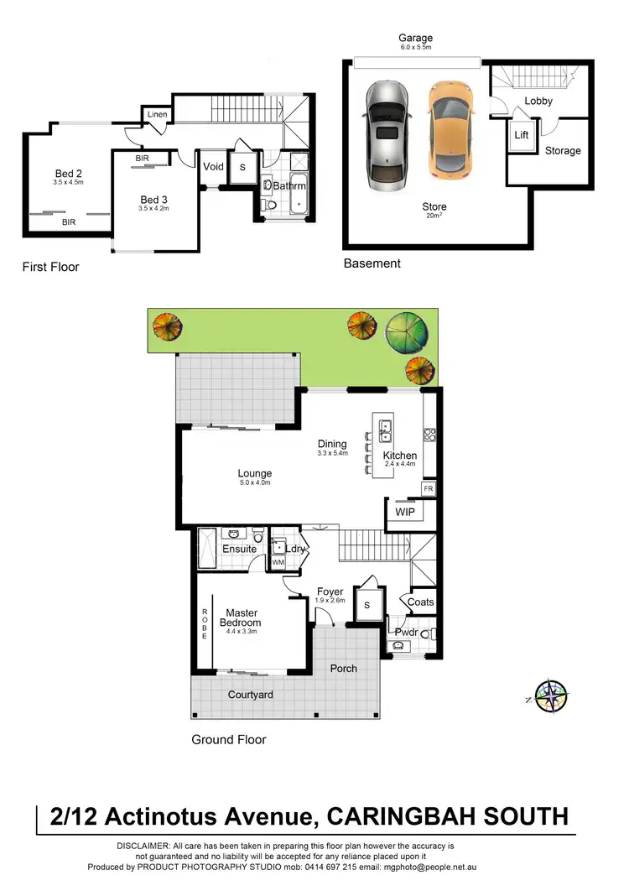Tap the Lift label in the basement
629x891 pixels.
(x=522, y=134)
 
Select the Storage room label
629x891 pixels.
(x=563, y=151)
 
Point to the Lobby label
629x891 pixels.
(x=538, y=101)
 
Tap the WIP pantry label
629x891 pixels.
(x=405, y=512)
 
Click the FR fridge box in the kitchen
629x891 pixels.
(x=428, y=488)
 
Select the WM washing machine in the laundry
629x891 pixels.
(x=278, y=562)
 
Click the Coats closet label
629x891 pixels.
(x=420, y=602)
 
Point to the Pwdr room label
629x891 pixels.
(x=406, y=632)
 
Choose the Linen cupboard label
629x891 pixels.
(x=157, y=115)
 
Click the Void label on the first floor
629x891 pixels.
(x=213, y=166)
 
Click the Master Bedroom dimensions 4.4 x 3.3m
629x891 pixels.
(x=240, y=633)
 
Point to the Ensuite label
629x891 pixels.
(x=239, y=550)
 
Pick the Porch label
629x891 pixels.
(x=344, y=669)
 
